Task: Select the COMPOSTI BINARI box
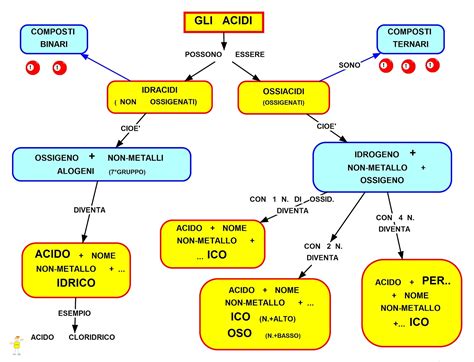coord(53,40)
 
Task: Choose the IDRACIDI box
coord(159,96)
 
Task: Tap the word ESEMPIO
coord(74,313)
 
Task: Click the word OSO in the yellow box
coord(240,333)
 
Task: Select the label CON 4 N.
coord(395,217)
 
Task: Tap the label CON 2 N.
coord(322,245)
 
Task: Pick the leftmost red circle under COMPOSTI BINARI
coord(32,68)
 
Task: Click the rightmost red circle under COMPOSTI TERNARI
coord(432,67)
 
